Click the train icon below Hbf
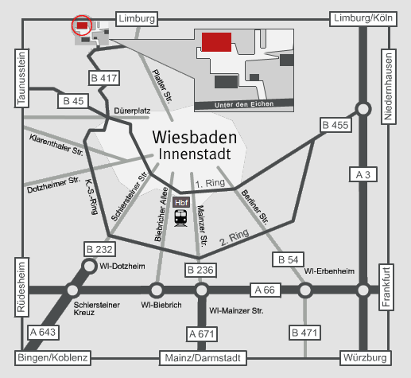click(180, 218)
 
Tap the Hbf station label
click(181, 203)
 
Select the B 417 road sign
click(104, 78)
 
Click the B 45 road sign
click(73, 101)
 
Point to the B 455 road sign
click(336, 125)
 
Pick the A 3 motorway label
click(363, 174)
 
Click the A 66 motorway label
click(265, 290)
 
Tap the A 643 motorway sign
click(43, 332)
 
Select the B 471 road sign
click(304, 333)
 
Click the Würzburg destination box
click(365, 358)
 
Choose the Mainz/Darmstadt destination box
click(203, 358)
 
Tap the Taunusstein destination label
click(21, 78)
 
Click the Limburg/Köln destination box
click(363, 18)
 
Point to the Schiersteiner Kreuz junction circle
click(72, 290)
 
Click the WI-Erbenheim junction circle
click(305, 290)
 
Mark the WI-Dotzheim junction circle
click(89, 266)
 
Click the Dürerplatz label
click(132, 111)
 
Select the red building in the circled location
click(82, 25)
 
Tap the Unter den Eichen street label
click(244, 104)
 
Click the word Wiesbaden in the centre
click(195, 138)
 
